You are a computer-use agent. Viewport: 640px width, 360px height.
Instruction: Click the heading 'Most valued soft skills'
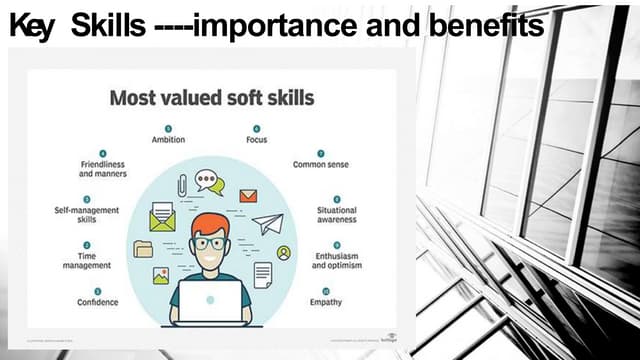[211, 98]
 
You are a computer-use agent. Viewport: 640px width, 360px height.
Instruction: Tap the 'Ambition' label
[168, 140]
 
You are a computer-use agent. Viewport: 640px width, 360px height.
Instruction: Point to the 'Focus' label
[256, 140]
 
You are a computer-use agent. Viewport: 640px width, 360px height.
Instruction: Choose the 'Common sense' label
[320, 164]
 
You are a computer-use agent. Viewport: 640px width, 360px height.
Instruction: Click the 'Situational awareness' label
[337, 216]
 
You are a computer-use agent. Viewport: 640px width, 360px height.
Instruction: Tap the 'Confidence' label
[98, 302]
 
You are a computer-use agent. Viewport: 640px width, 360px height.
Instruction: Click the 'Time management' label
[87, 262]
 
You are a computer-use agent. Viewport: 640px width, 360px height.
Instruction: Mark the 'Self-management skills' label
[87, 216]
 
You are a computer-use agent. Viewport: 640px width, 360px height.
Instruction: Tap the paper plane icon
[267, 224]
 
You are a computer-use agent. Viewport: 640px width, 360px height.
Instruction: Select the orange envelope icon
[248, 196]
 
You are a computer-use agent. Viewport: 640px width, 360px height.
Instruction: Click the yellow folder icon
[144, 249]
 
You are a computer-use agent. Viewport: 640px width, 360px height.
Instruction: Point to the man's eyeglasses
[210, 243]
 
